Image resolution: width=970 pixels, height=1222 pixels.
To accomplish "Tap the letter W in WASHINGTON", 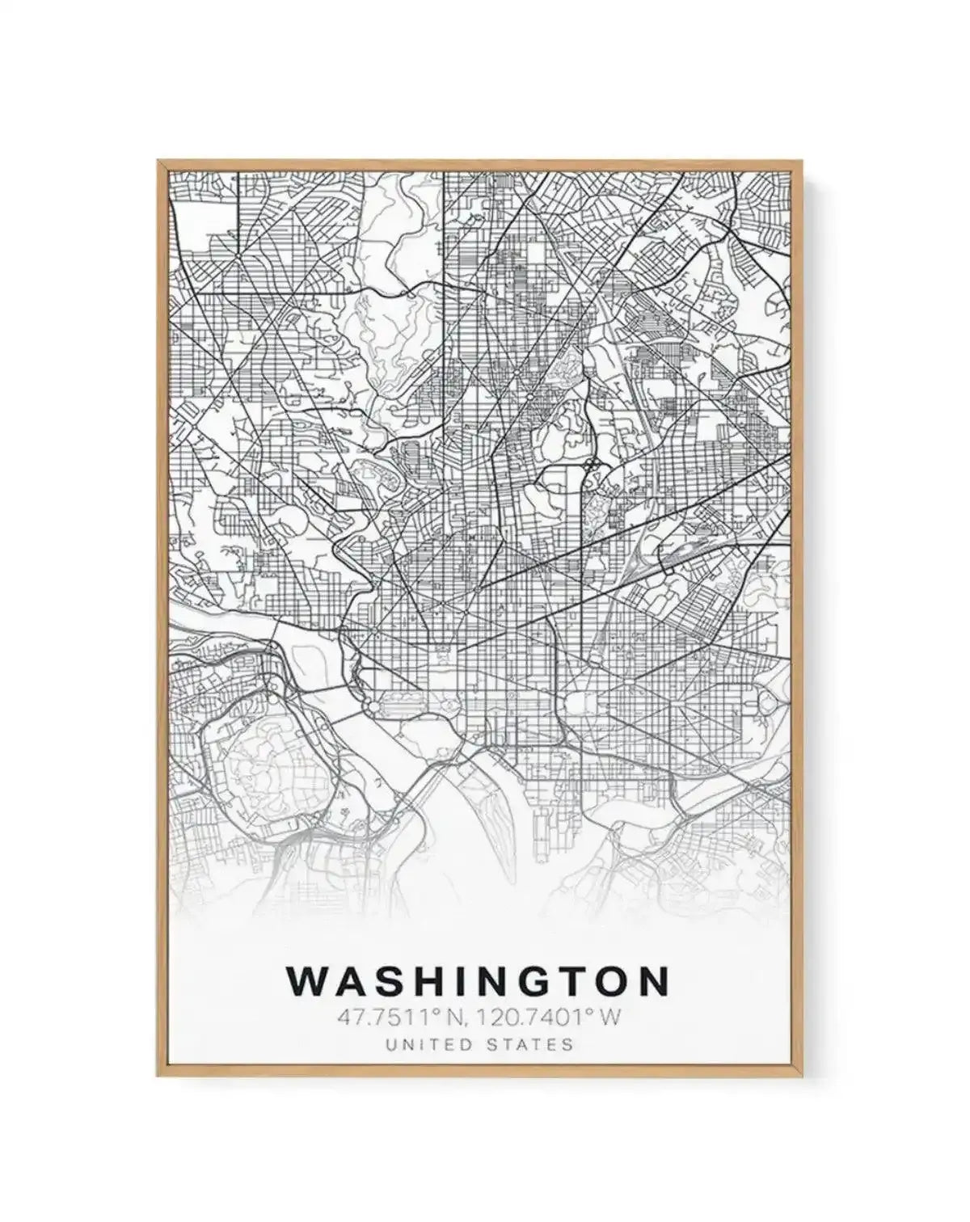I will (x=306, y=981).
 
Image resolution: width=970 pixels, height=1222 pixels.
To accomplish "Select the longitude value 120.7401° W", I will (x=549, y=1016).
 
